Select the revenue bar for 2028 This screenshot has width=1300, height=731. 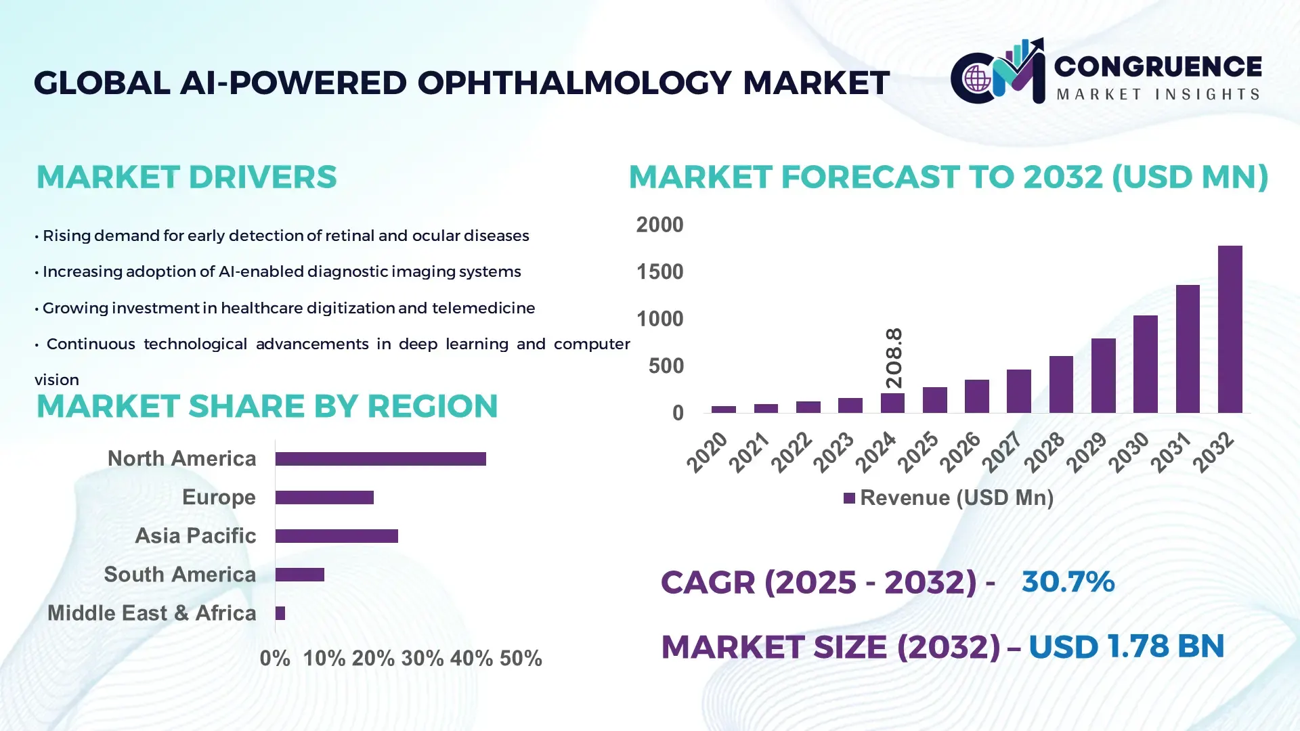pos(1061,384)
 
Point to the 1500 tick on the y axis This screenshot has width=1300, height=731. pos(659,272)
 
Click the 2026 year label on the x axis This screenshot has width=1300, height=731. pos(960,452)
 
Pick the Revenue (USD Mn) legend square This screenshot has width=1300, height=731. pos(849,498)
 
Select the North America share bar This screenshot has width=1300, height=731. pos(381,459)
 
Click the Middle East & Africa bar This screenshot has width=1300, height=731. pos(280,613)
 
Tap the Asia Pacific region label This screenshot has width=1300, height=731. pos(195,536)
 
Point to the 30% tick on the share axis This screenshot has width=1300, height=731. pos(422,659)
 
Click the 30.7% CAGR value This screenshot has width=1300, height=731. pos(1068,581)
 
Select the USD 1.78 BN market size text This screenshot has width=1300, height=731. pos(1126,646)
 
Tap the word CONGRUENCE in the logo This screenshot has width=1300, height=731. pos(1158,66)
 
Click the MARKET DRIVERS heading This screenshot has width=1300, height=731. pos(186,177)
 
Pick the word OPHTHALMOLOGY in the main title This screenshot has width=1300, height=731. pos(574,83)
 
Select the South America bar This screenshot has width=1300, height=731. pos(300,575)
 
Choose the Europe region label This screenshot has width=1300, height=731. pos(219,497)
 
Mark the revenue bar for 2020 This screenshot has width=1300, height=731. pos(723,409)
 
